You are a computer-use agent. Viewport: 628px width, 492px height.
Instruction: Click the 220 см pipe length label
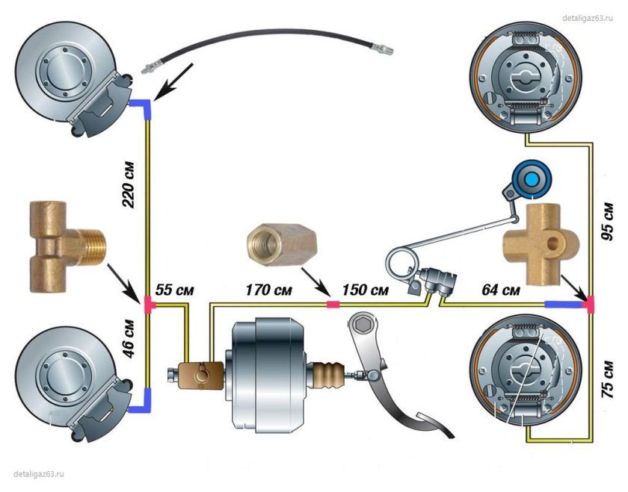(129, 184)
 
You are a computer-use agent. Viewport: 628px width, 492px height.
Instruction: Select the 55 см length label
(175, 290)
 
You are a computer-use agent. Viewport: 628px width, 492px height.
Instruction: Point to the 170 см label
(268, 290)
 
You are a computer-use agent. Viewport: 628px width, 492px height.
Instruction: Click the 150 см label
(365, 290)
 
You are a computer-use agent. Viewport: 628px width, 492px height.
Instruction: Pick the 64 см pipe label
(501, 290)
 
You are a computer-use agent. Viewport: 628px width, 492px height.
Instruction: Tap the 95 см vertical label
(607, 221)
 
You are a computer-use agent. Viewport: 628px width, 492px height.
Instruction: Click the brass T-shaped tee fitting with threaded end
(66, 246)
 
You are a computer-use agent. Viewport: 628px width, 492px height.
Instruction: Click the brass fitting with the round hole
(541, 243)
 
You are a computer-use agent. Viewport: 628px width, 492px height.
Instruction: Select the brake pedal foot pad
(435, 425)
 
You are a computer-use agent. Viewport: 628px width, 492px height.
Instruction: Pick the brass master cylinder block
(200, 376)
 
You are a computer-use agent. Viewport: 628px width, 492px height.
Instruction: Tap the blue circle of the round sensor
(532, 179)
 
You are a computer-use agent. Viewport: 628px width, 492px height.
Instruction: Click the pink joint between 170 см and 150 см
(333, 305)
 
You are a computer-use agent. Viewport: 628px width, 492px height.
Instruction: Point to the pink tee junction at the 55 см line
(148, 305)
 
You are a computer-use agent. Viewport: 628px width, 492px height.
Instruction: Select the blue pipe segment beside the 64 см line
(563, 305)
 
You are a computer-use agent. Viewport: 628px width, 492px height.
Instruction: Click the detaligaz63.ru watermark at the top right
(588, 18)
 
